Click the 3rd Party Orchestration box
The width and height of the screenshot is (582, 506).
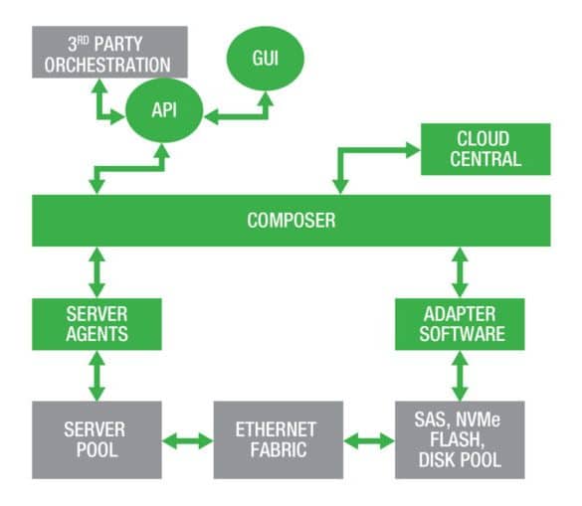click(x=109, y=52)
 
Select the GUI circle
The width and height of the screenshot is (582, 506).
click(x=266, y=59)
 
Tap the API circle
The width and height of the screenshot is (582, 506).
click(x=164, y=110)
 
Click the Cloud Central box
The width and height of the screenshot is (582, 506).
click(x=485, y=149)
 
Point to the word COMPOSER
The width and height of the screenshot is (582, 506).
click(x=291, y=221)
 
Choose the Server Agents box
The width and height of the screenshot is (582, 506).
click(x=97, y=324)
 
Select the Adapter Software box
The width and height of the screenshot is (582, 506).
click(x=460, y=324)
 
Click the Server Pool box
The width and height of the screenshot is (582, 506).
click(x=97, y=440)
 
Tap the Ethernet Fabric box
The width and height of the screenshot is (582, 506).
click(x=279, y=440)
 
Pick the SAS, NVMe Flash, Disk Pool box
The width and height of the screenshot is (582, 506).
click(x=460, y=440)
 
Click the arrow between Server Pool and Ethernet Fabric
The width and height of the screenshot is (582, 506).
click(x=188, y=441)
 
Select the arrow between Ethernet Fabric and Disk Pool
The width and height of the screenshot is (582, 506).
click(x=369, y=441)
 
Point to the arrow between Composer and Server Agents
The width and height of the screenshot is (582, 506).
click(x=97, y=272)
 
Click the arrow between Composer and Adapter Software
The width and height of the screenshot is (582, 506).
click(x=460, y=272)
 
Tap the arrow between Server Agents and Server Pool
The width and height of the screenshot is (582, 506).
click(x=97, y=376)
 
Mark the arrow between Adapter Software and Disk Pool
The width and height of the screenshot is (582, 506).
click(x=460, y=376)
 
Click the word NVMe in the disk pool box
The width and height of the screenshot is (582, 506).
click(x=478, y=420)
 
